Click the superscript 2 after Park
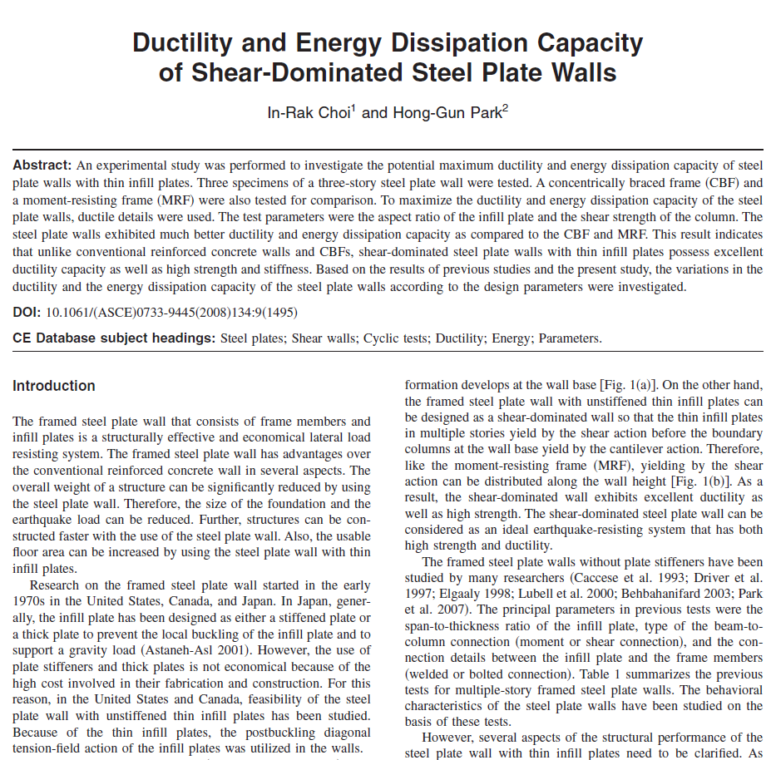tap(506, 107)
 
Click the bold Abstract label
tap(42, 165)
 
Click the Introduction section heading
tap(54, 386)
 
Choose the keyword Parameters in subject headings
tap(569, 338)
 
